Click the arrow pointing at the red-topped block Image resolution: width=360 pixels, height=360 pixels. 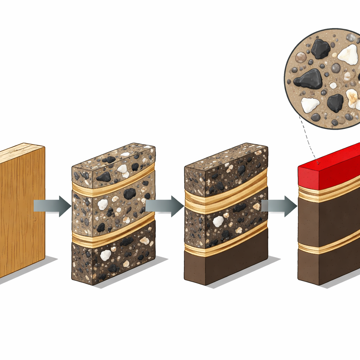[x=280, y=206]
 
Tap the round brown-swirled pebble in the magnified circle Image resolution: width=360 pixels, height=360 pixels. [x=301, y=57]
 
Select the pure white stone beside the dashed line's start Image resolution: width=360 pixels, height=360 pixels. [x=310, y=105]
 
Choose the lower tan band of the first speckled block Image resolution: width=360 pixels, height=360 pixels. [x=112, y=234]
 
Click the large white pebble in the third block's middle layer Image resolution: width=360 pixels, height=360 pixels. [x=218, y=221]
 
